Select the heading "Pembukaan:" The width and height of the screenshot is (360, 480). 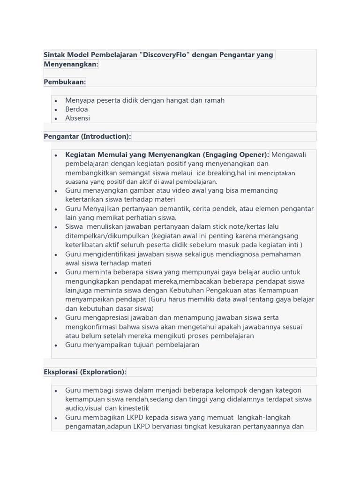coord(65,82)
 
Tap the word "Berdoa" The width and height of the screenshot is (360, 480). coord(76,109)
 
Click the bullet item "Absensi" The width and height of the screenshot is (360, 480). coord(77,118)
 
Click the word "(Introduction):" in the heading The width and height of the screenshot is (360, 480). coord(106,136)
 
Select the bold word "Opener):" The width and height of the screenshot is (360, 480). coord(254,155)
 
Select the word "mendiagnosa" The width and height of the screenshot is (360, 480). coord(228,254)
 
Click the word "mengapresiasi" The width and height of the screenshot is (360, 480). coord(105,318)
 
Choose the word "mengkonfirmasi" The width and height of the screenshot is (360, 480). coord(90,327)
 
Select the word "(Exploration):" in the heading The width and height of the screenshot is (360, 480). coord(103,372)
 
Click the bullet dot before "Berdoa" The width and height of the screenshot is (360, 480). coord(56,110)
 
